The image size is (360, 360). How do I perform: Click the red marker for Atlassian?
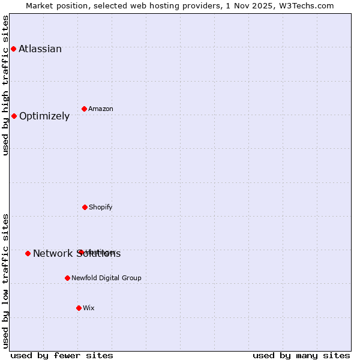coord(13,49)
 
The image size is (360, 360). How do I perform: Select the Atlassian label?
coord(40,49)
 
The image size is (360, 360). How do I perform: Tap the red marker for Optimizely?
coord(14,116)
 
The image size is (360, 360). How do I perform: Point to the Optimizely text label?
coord(44,116)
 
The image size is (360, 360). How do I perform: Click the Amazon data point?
coord(84,109)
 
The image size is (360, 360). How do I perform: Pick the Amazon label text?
coord(101,109)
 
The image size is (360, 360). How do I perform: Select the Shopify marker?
coord(85,207)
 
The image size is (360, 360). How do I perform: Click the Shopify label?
coord(101,208)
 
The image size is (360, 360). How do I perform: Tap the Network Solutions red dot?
coord(28,253)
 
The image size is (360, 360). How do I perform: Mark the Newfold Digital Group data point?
coord(67,278)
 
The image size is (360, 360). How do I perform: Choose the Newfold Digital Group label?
coord(106,278)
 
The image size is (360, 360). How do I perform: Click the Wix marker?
coord(79,308)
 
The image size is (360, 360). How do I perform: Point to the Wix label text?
coord(89,308)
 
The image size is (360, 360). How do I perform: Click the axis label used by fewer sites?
coord(62,355)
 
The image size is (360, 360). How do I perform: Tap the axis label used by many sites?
coord(301,355)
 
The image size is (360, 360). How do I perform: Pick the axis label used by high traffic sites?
coord(6,85)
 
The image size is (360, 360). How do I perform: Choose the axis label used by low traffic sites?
coord(6,281)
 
